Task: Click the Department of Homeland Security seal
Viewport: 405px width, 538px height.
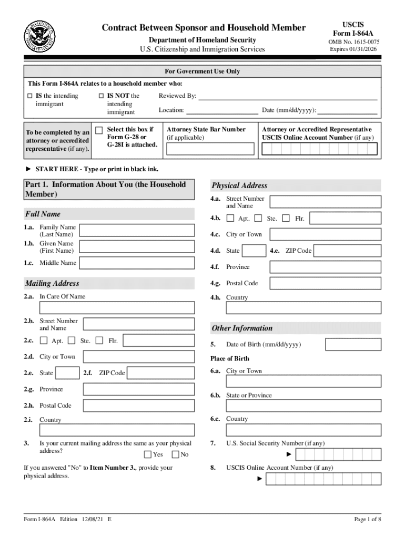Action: (x=38, y=37)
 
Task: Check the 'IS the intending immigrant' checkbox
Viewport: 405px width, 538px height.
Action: (x=30, y=96)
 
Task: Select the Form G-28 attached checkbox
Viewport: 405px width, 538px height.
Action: (x=98, y=130)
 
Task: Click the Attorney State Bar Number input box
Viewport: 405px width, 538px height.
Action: (x=210, y=150)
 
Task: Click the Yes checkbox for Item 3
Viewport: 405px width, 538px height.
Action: (x=148, y=454)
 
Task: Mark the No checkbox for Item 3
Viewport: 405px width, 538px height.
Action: (x=176, y=454)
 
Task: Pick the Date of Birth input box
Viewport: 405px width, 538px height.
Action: (x=353, y=345)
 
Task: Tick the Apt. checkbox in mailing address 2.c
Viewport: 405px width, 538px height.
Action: (x=44, y=341)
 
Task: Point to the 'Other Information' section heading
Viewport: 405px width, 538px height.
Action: (x=242, y=328)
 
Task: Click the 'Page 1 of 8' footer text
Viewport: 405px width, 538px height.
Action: (x=367, y=520)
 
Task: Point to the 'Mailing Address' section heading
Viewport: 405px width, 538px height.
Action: (x=52, y=284)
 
